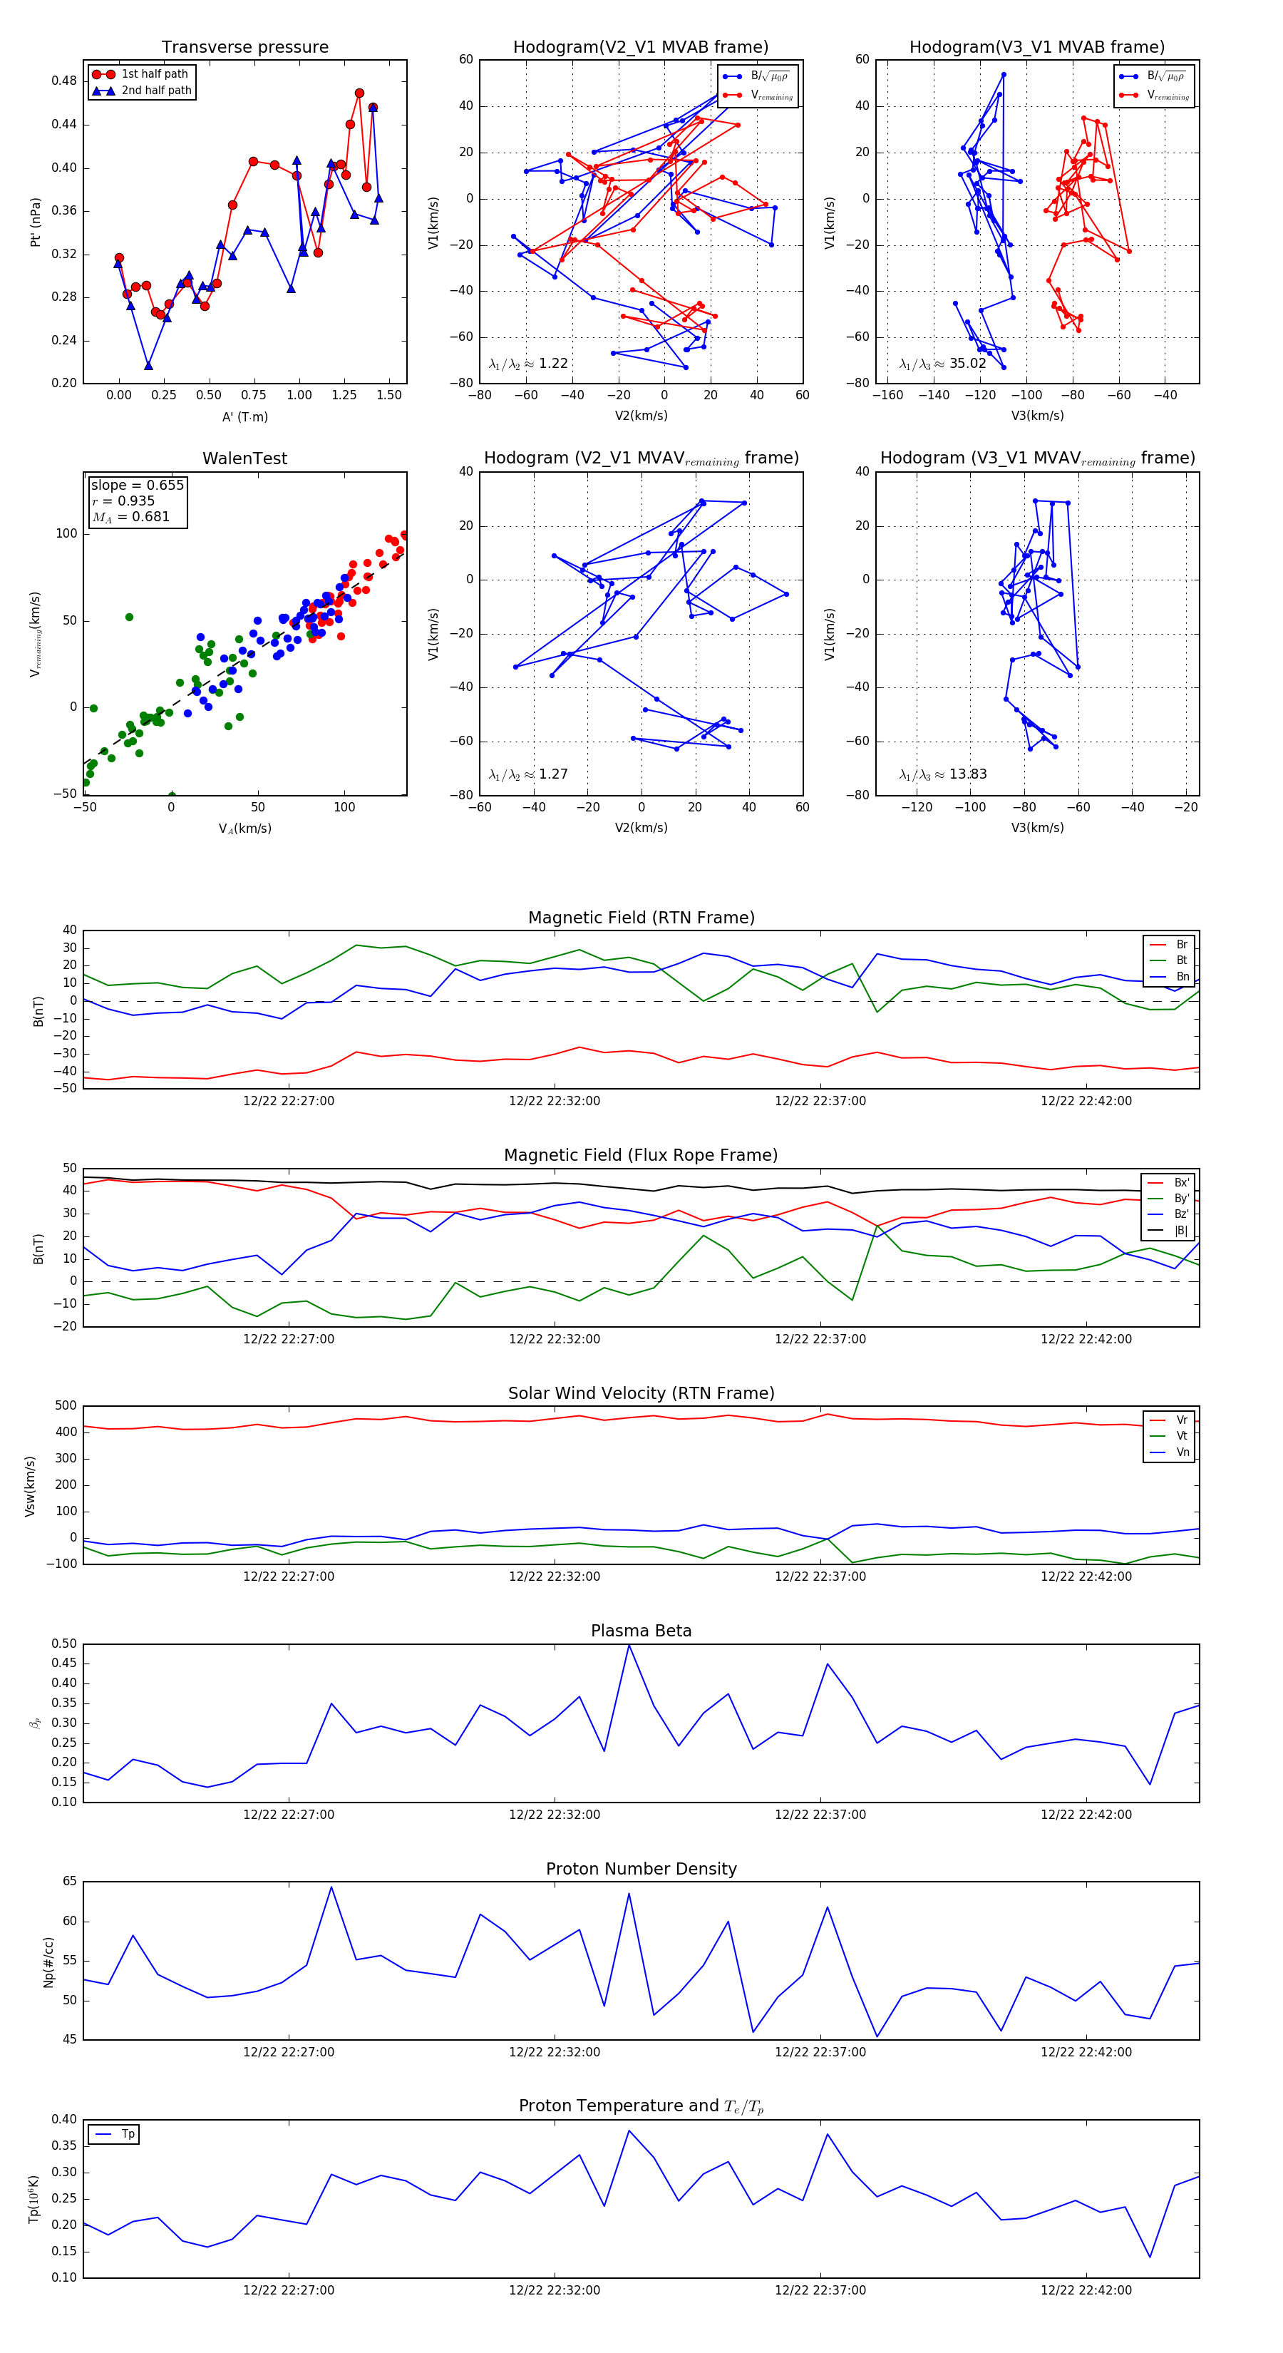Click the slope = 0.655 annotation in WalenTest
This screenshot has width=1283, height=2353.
[137, 485]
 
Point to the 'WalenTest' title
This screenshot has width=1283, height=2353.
[244, 458]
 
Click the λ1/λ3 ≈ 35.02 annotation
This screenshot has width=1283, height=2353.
[942, 364]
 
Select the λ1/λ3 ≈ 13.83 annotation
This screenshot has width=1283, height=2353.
[942, 774]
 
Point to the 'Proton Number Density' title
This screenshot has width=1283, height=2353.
[641, 1869]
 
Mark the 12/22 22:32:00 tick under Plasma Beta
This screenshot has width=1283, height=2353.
[555, 1815]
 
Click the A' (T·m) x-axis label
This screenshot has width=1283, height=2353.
[244, 416]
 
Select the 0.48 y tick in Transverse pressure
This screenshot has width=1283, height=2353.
[64, 81]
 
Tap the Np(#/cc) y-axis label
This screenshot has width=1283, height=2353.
[49, 1962]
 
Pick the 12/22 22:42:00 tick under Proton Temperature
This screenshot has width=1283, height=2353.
[1086, 2290]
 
